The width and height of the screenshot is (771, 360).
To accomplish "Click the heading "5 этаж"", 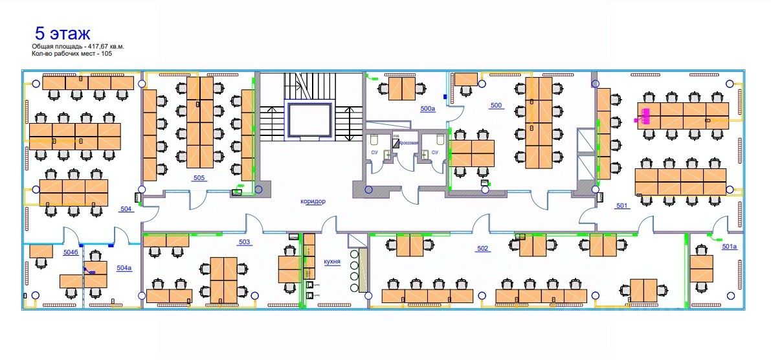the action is click(x=63, y=33).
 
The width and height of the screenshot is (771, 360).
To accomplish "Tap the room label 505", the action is click(x=199, y=177).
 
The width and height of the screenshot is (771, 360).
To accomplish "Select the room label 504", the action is click(x=126, y=208).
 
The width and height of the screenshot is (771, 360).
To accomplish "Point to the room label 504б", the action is click(x=70, y=251).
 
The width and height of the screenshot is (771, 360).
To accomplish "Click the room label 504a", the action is click(x=124, y=267).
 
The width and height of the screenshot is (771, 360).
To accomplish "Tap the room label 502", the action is click(x=482, y=249).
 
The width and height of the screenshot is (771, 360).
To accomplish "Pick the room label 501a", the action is click(x=729, y=247).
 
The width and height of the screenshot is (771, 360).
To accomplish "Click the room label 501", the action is click(x=621, y=206).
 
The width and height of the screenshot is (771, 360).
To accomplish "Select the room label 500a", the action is click(x=428, y=109).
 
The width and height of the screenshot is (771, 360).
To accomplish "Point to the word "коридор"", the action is click(x=313, y=201).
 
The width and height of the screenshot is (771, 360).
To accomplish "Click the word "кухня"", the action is click(x=332, y=262).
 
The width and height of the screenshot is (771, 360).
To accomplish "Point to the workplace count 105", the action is click(x=107, y=54).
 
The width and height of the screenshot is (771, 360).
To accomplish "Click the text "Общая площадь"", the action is click(x=54, y=47).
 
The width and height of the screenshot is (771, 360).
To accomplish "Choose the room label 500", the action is click(x=497, y=105).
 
